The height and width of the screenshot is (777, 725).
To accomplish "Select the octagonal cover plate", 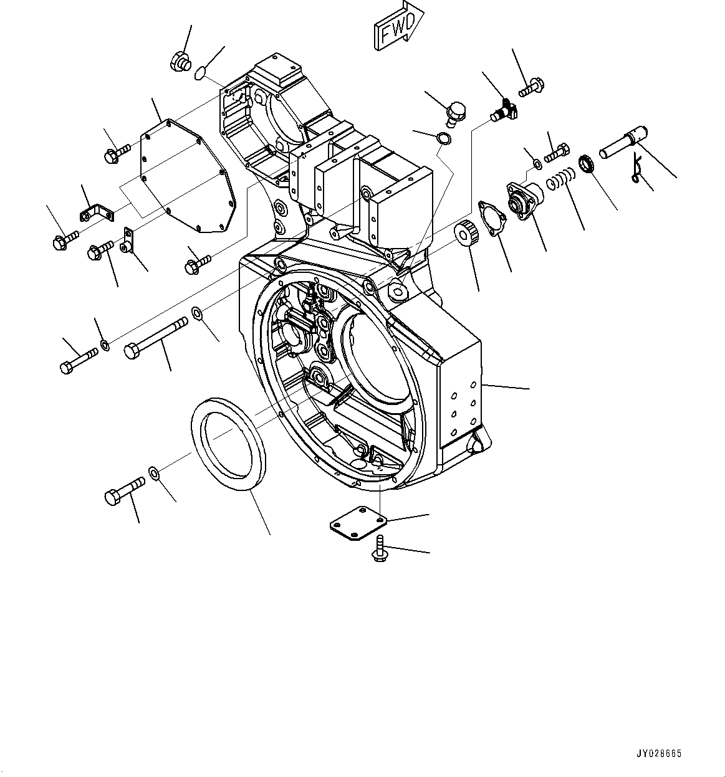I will pos(189,181).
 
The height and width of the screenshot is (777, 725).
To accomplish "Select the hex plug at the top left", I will pos(178,60).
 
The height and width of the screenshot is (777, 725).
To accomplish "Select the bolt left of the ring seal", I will pos(125,490).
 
